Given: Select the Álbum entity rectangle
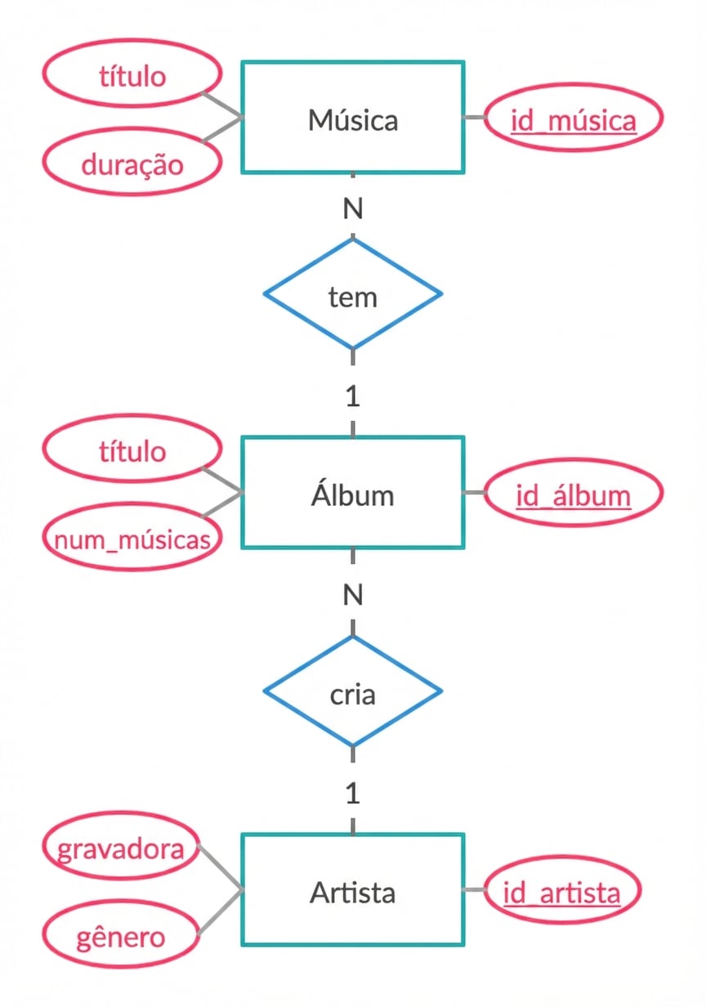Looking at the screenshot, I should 353,493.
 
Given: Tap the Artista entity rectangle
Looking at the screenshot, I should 353,891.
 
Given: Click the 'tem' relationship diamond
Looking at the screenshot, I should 353,294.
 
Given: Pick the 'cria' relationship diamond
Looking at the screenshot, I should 353,692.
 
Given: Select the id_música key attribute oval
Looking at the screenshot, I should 573,119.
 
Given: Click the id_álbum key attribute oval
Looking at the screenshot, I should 573,495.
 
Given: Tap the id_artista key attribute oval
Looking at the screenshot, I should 562,892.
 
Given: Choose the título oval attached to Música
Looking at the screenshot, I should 132,77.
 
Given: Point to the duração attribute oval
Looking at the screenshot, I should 132,164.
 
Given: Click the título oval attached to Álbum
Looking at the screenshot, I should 132,451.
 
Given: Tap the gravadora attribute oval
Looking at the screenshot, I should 120,848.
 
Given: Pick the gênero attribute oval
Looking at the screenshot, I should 120,937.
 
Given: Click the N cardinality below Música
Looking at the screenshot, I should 353,209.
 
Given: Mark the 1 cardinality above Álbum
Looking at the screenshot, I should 353,397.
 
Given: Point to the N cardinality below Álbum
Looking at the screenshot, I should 353,595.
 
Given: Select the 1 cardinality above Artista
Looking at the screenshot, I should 353,794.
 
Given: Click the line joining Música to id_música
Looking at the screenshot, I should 474,118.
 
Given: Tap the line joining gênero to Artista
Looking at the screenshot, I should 219,912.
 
